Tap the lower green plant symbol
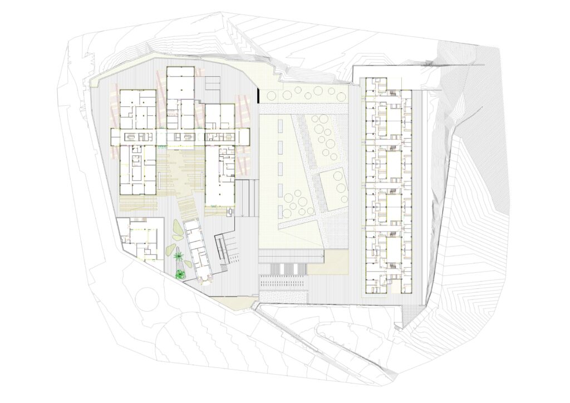pos(180,272)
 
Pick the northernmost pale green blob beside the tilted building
pos(177,226)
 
